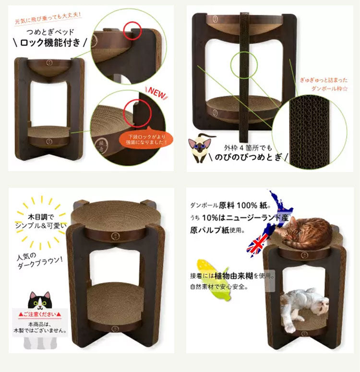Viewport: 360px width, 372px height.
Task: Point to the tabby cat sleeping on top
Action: pyautogui.click(x=304, y=232)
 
